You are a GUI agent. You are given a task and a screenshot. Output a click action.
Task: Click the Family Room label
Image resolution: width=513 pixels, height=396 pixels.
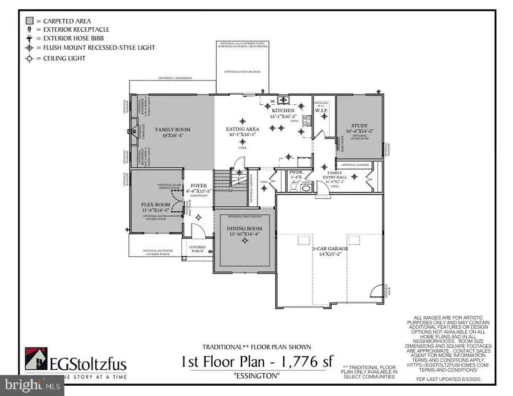click(x=173, y=130)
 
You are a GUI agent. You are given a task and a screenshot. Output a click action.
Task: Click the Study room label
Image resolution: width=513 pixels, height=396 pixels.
click(x=359, y=126)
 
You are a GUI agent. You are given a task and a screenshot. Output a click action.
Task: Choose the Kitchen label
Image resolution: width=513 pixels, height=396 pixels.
click(x=283, y=110)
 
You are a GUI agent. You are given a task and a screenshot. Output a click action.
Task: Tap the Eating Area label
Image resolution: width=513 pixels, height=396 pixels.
click(x=243, y=130)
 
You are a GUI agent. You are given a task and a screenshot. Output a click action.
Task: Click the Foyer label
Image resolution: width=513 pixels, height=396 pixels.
click(x=199, y=185)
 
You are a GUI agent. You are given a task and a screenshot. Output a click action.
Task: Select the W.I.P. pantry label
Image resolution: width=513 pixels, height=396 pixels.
click(x=321, y=111)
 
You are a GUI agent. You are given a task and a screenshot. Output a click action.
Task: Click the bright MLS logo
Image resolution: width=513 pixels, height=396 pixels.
click(x=35, y=387)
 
